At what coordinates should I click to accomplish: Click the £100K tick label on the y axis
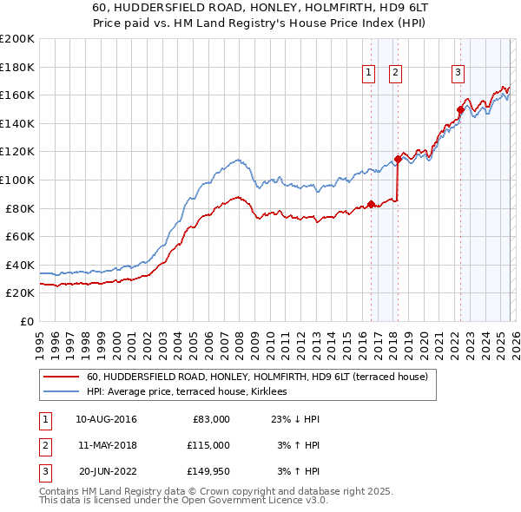pyautogui.click(x=17, y=180)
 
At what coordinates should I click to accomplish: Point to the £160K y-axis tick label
pyautogui.click(x=17, y=95)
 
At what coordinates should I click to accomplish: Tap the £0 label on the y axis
pyautogui.click(x=26, y=321)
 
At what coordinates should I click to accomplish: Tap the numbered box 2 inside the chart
pyautogui.click(x=395, y=73)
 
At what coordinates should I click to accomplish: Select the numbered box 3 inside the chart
pyautogui.click(x=458, y=73)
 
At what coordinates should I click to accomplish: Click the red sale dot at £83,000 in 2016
pyautogui.click(x=371, y=204)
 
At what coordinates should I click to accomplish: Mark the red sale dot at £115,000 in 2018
pyautogui.click(x=398, y=159)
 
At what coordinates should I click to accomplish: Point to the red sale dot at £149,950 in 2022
pyautogui.click(x=461, y=109)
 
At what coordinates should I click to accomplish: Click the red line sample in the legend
pyautogui.click(x=61, y=377)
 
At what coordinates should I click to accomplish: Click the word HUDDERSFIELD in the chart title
pyautogui.click(x=177, y=6)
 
